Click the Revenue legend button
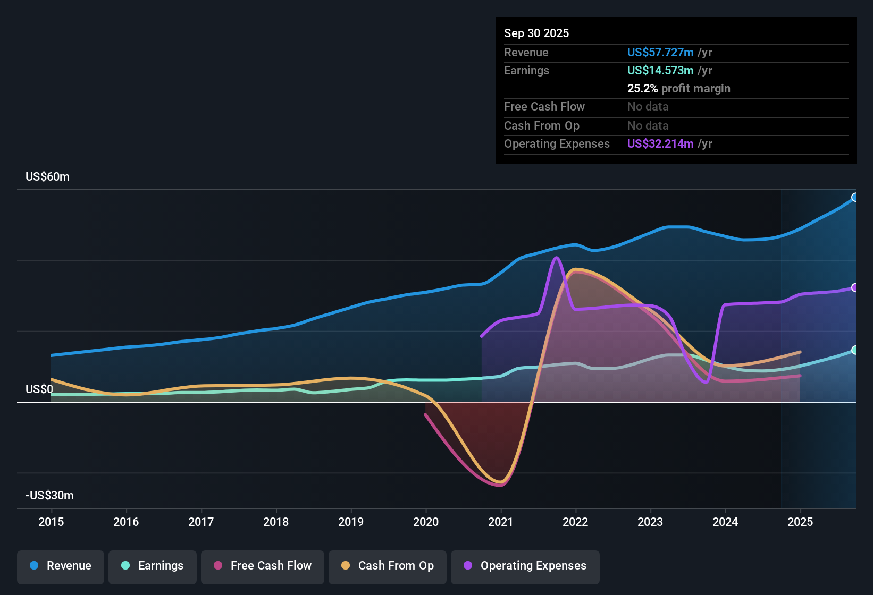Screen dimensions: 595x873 (61, 566)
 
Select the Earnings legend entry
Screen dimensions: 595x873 (153, 566)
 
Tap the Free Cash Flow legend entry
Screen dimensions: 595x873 (263, 566)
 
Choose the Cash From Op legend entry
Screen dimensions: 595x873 (388, 566)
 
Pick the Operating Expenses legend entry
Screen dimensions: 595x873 (525, 566)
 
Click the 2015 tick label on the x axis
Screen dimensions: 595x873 (51, 522)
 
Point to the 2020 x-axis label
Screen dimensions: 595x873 (426, 522)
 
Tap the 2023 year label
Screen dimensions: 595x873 (650, 522)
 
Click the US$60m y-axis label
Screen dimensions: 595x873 (47, 177)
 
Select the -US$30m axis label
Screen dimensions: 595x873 (49, 496)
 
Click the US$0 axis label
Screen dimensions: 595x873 (39, 389)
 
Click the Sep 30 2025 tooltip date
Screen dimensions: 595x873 (536, 33)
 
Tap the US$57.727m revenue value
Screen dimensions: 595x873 (660, 52)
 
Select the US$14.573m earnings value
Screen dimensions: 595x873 (660, 70)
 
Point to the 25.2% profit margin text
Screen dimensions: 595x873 (678, 89)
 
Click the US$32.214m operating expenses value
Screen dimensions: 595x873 (660, 144)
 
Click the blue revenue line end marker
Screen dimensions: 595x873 (855, 197)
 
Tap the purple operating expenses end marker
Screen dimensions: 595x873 (855, 287)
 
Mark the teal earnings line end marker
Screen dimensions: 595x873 (855, 350)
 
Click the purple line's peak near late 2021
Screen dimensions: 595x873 (556, 258)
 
